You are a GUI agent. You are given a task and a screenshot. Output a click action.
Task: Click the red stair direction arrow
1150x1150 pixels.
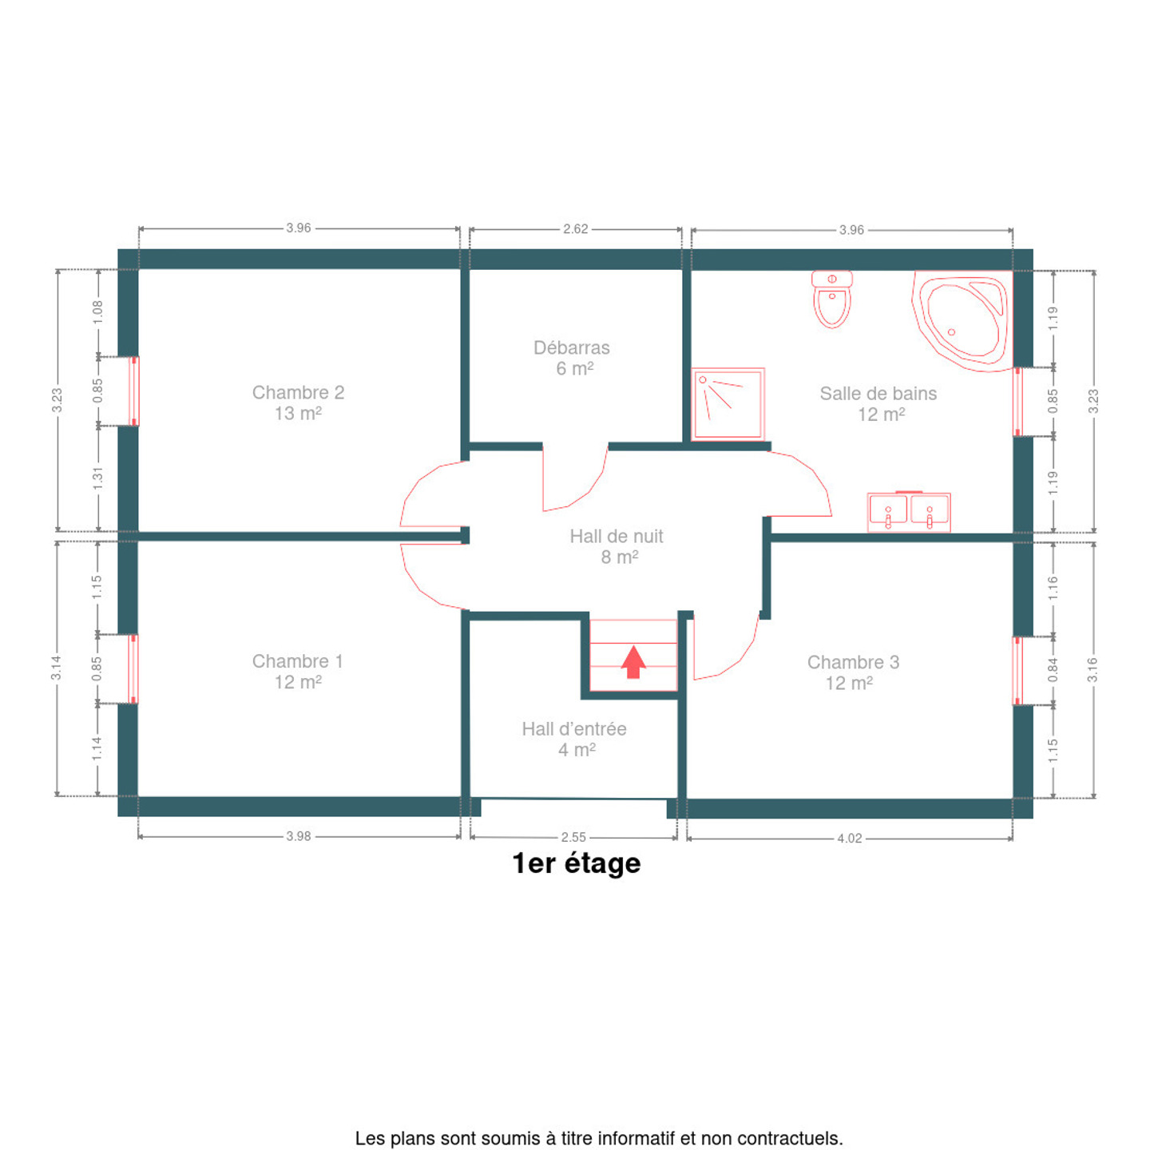tap(633, 661)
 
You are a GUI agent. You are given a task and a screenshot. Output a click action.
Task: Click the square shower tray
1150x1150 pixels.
tap(728, 404)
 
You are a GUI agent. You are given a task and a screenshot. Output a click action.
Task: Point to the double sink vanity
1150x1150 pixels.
tap(908, 512)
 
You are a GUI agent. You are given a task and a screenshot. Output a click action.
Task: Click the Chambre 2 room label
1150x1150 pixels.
tap(299, 392)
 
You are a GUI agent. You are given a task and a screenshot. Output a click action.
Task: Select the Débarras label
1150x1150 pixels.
tap(572, 347)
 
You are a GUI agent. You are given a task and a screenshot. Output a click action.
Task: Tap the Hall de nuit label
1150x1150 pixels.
tap(617, 536)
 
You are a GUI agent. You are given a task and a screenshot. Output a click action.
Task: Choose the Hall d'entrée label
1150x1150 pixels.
tap(574, 728)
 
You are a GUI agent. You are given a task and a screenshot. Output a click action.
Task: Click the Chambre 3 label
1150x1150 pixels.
tap(853, 662)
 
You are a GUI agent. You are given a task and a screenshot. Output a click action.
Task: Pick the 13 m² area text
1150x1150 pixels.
tap(299, 413)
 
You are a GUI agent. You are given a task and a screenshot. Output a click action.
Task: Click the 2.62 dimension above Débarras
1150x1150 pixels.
tap(575, 228)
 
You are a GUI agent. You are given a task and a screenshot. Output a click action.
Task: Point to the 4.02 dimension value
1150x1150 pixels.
tap(849, 839)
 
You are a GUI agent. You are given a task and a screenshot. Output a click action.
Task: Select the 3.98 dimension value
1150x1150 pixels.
tap(299, 836)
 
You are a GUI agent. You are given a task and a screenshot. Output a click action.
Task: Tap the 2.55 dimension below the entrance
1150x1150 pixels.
tap(573, 837)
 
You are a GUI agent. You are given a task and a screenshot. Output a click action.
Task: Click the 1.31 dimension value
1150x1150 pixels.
tap(98, 478)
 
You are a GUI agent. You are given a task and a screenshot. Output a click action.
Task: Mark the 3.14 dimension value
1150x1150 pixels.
tap(56, 668)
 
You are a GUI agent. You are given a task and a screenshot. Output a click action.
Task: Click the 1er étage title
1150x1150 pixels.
tap(577, 864)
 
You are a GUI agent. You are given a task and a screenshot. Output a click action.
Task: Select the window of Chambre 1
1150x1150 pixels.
tap(133, 668)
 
